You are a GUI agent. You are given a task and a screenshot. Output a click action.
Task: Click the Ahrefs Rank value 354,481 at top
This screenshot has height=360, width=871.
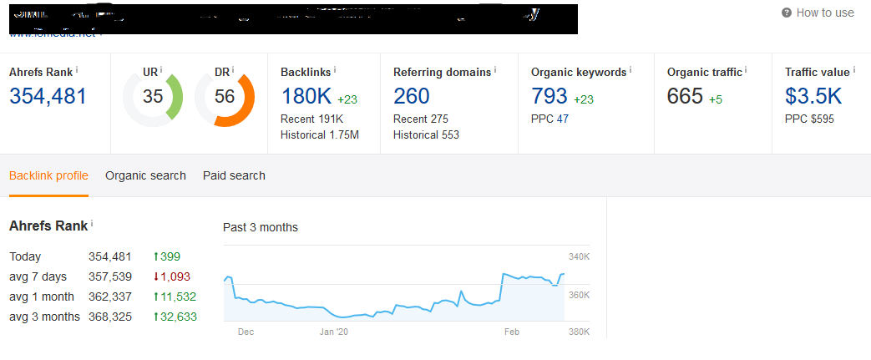pos(48,96)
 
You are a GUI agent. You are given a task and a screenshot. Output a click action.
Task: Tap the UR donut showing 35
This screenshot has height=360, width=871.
pos(153,97)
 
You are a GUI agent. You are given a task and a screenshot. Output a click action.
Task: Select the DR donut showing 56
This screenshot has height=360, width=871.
pos(224,97)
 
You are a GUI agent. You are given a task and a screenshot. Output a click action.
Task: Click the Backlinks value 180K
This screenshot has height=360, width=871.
pos(306,96)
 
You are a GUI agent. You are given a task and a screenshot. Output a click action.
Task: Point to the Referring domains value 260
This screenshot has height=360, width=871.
pos(411,96)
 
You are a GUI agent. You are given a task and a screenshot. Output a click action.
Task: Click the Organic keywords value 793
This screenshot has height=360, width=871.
pos(549,96)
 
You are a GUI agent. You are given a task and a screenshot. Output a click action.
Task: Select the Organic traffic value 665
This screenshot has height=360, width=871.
pos(685,96)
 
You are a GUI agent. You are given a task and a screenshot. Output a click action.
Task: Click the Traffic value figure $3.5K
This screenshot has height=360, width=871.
pos(813,96)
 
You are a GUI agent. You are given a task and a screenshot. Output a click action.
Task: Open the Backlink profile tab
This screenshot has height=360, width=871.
pos(48,175)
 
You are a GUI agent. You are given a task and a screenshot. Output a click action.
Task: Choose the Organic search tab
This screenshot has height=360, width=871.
pos(145,175)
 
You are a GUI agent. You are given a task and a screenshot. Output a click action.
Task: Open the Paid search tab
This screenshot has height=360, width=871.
pos(234,175)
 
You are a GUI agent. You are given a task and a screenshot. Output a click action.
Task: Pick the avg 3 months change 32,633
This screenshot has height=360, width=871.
pos(177,317)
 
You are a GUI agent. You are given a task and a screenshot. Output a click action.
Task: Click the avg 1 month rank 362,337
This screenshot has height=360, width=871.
pos(110,297)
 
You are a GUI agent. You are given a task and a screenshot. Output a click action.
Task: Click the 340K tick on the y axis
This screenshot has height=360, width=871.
pos(579,257)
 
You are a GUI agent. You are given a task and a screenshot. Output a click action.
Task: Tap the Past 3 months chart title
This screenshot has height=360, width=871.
pos(260,227)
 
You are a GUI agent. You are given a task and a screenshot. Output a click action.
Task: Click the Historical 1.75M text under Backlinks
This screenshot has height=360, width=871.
pos(320,134)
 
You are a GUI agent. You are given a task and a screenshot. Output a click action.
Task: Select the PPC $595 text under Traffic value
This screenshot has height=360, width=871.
pos(809,119)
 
